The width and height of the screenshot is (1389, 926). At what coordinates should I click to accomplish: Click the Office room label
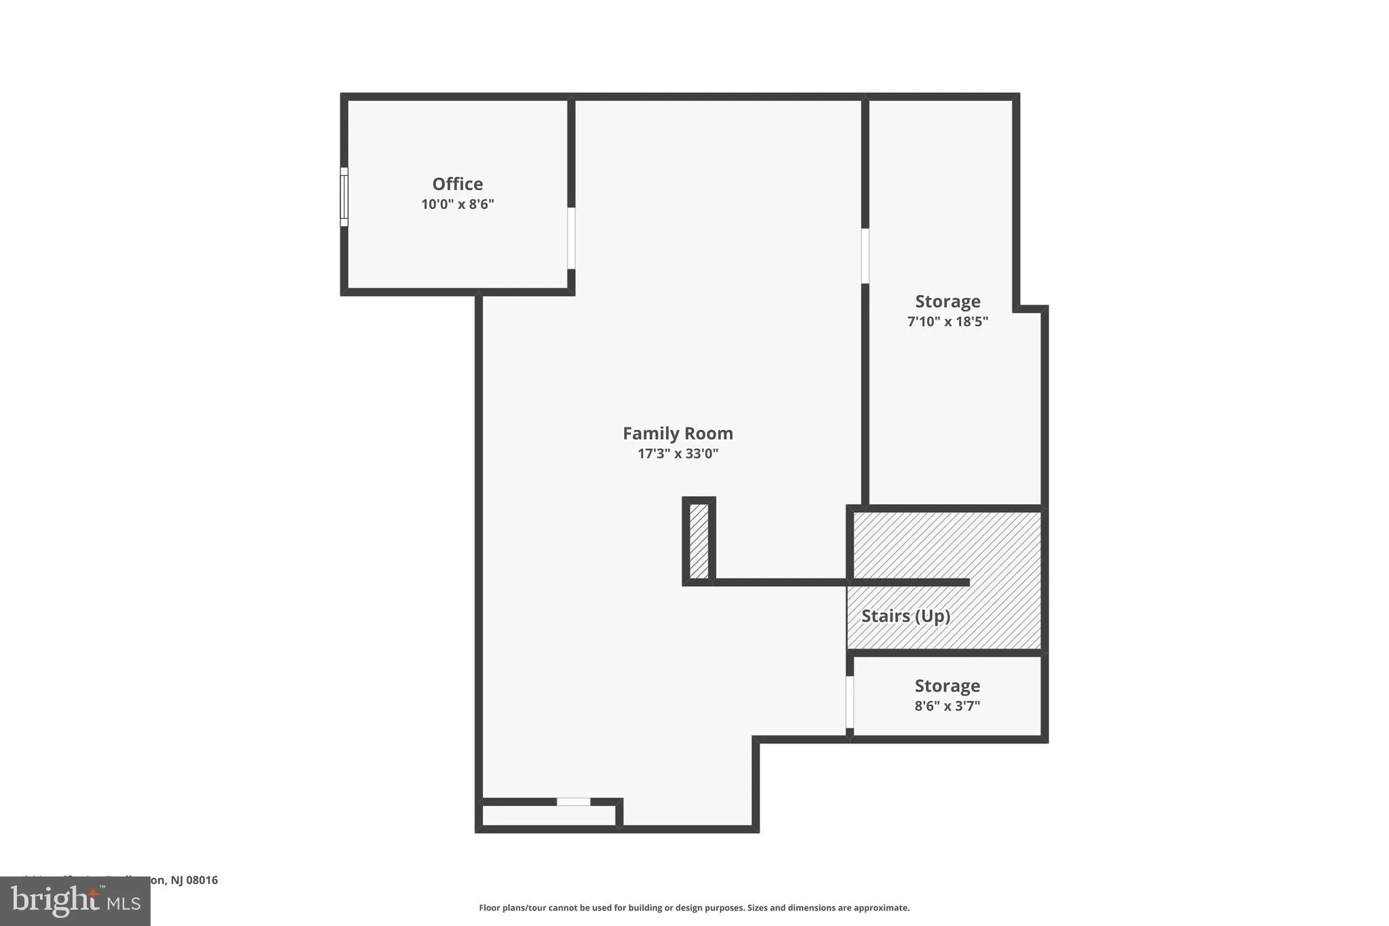tap(458, 184)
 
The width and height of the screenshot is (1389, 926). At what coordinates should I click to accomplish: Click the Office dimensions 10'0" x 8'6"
tap(458, 204)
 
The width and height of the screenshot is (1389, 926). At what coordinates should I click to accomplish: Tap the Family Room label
tap(678, 433)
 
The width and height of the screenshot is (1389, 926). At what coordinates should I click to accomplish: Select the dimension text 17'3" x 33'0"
tap(678, 454)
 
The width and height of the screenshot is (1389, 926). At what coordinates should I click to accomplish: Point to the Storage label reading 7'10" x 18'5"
tap(947, 301)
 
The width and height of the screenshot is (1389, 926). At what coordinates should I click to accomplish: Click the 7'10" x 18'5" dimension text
tap(947, 322)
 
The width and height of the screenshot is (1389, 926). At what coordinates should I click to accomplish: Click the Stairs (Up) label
tap(905, 616)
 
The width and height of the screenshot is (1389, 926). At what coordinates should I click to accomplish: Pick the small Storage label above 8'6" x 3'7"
tap(947, 686)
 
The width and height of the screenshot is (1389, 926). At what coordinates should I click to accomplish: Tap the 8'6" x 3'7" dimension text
tap(947, 706)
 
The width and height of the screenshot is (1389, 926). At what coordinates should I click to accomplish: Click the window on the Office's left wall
tap(344, 197)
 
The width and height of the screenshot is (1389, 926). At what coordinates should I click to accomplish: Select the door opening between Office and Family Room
tap(571, 238)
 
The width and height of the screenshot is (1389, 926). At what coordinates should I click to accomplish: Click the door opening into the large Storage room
tap(865, 256)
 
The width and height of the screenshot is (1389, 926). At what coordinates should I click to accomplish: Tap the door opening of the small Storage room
tap(849, 701)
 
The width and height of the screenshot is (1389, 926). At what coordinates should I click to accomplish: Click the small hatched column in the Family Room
tap(699, 541)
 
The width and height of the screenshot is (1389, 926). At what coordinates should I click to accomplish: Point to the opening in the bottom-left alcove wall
tap(573, 802)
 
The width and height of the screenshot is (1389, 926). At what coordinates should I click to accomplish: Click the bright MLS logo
tap(75, 901)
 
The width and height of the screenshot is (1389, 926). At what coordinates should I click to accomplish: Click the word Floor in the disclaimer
tap(489, 908)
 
